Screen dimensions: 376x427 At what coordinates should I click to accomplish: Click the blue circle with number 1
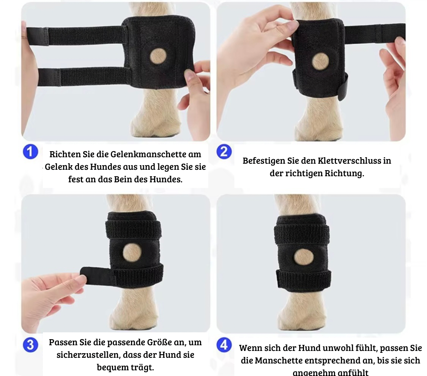click(x=30, y=152)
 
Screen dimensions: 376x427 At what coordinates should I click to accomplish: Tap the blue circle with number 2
click(x=224, y=152)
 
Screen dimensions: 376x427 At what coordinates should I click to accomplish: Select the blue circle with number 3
click(x=30, y=345)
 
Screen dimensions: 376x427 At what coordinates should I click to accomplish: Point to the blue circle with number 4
click(x=224, y=345)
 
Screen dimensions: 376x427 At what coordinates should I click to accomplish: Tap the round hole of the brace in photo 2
click(x=320, y=62)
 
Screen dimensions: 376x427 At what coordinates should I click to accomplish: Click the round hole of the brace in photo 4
click(x=303, y=257)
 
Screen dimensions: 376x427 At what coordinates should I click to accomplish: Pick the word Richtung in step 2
click(x=344, y=174)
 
